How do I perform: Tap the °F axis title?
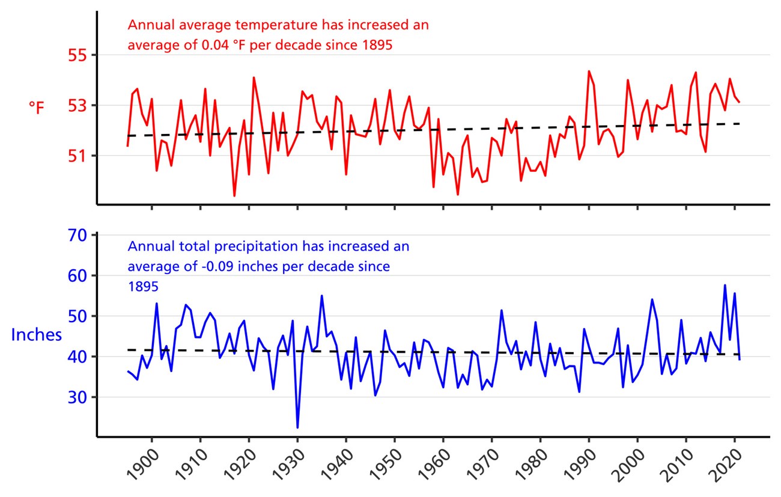pos(36,108)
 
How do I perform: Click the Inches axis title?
pos(36,335)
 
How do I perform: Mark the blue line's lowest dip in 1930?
pos(297,427)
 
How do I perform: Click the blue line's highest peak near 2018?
pos(725,285)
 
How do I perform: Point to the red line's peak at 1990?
pos(589,72)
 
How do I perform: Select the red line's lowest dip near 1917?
pos(234,195)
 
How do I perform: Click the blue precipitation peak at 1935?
pos(322,296)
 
